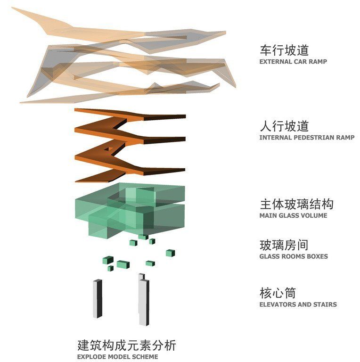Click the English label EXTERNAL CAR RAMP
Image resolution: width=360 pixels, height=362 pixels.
point(293,61)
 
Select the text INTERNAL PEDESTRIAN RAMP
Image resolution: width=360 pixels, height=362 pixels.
point(306,138)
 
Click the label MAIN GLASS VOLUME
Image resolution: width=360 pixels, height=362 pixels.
point(293,215)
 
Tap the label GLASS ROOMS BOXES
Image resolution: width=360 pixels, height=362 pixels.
point(293,256)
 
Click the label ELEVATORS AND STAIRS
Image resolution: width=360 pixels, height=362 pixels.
point(298,304)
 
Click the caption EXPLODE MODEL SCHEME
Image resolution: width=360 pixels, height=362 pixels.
point(117,357)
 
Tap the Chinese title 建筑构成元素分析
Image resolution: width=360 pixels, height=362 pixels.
point(126,345)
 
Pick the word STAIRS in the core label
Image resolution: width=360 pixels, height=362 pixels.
point(326,304)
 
